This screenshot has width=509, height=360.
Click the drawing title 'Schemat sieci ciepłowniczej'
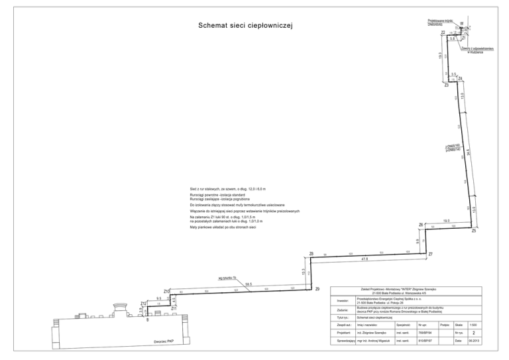pyautogui.click(x=245, y=26)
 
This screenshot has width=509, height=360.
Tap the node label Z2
pyautogui.click(x=443, y=32)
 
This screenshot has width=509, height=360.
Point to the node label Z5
pyautogui.click(x=474, y=231)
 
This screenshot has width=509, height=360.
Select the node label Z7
pyautogui.click(x=430, y=255)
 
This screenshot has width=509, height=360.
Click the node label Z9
pyautogui.click(x=317, y=288)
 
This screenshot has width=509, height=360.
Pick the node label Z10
pyautogui.click(x=166, y=291)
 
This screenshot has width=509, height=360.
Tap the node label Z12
pyautogui.click(x=143, y=303)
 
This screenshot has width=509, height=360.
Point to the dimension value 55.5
pyautogui.click(x=249, y=284)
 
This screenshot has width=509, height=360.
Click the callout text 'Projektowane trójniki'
pyautogui.click(x=440, y=21)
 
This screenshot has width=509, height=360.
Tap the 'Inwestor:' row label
pyautogui.click(x=343, y=300)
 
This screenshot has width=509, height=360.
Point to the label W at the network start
pyautogui.click(x=461, y=24)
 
